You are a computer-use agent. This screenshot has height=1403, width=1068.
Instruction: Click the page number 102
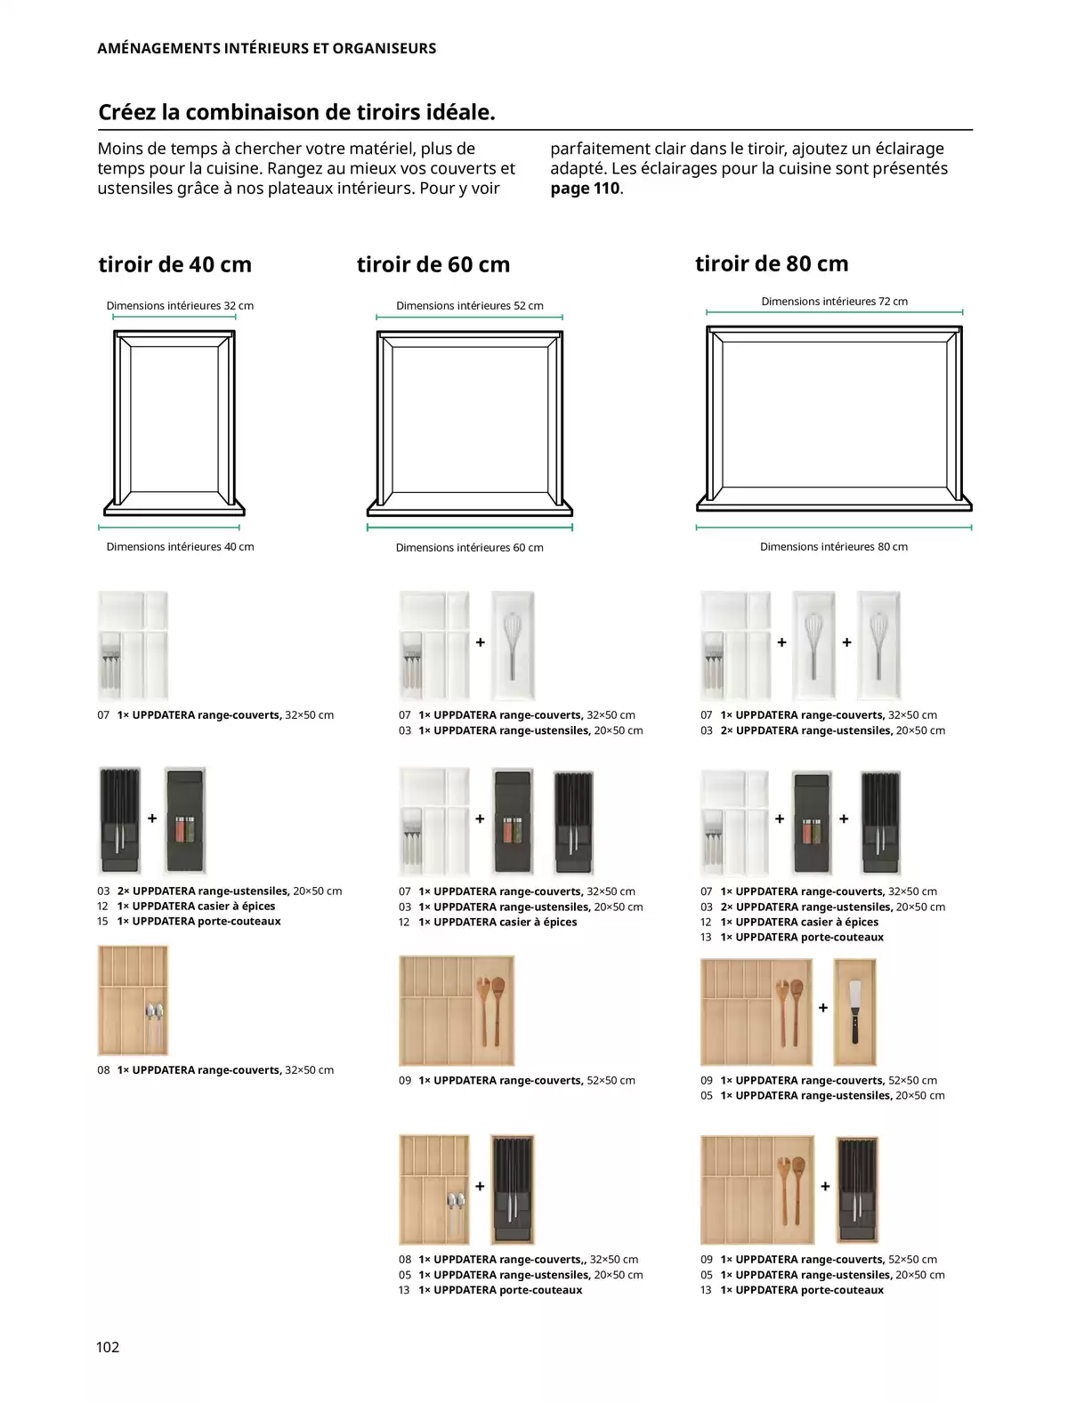108,1347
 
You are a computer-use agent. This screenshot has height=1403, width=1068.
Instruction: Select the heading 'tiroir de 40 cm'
174,264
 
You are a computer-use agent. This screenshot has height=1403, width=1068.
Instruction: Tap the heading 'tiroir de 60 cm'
433,264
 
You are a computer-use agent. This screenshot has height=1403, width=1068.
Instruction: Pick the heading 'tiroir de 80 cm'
772,263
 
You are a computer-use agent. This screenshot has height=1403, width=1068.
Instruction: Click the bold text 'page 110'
585,189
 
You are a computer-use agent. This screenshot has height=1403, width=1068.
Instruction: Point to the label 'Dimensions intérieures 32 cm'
180,305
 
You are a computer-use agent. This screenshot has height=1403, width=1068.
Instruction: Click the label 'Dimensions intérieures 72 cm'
834,302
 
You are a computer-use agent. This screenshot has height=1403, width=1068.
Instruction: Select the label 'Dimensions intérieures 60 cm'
469,548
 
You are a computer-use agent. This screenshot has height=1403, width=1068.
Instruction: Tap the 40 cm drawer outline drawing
174,423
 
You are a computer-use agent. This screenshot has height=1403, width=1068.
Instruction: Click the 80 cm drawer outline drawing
834,418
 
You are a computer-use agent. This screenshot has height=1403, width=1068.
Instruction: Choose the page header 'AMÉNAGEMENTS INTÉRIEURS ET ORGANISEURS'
266,48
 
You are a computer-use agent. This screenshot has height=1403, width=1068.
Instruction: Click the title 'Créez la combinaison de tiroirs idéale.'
296,112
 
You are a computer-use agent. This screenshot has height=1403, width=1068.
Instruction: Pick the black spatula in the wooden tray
854,1012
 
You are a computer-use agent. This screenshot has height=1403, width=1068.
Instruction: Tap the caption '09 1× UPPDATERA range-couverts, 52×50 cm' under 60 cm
517,1081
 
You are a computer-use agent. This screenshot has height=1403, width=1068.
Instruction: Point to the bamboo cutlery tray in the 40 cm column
133,1001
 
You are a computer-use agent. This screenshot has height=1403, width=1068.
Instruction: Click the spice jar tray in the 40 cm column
185,820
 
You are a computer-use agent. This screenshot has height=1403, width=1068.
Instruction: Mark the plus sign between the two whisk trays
846,642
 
